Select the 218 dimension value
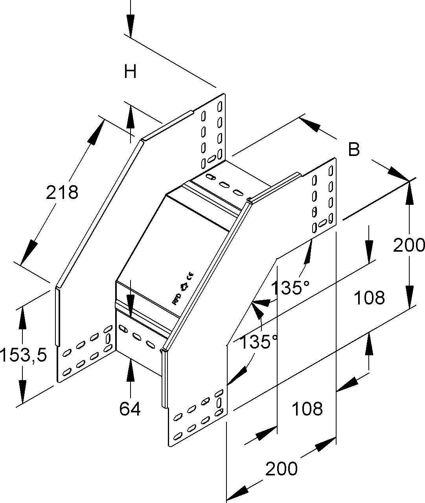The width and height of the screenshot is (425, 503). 62,193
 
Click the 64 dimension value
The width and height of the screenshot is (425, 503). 130,409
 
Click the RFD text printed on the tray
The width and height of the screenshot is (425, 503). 177,299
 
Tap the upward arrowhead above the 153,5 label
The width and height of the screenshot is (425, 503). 22,317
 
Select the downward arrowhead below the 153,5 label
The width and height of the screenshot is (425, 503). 22,392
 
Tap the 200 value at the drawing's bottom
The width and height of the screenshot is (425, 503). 281,469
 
